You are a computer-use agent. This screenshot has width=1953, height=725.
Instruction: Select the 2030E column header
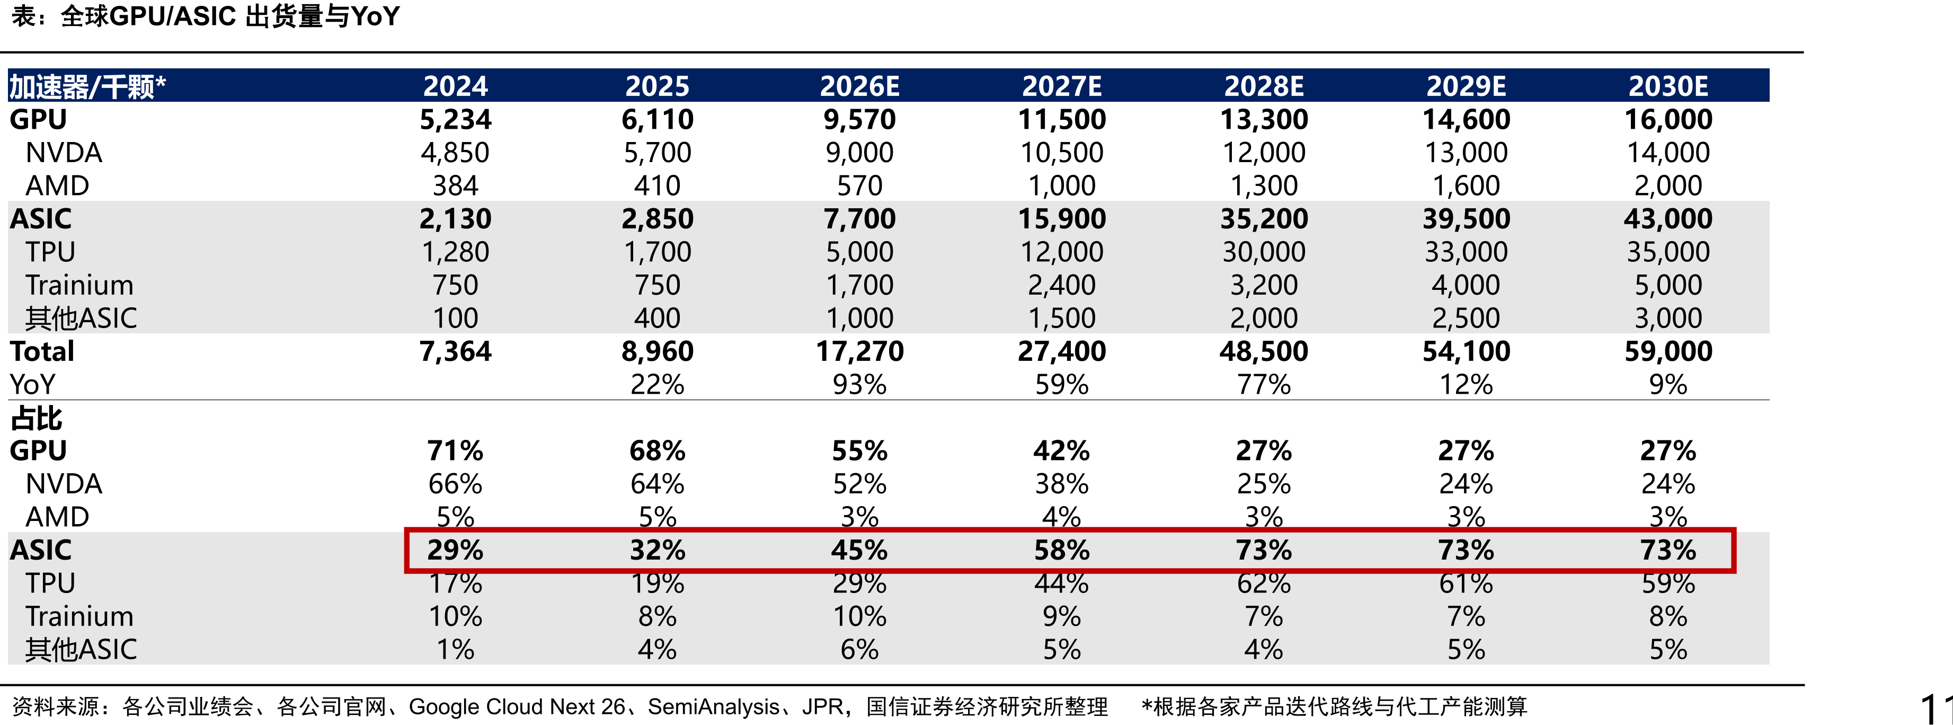point(1668,86)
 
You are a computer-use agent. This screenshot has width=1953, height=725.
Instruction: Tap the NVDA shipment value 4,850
point(455,153)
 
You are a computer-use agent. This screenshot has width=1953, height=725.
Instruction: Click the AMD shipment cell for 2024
point(455,186)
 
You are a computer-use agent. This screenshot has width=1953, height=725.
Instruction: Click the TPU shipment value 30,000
point(1264,252)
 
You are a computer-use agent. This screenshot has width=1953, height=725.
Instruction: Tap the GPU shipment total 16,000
point(1668,119)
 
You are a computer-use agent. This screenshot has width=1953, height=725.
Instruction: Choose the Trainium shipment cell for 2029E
point(1466,285)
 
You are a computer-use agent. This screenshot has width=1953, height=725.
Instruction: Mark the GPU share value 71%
point(455,450)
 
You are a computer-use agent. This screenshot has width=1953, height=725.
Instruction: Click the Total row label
point(42,351)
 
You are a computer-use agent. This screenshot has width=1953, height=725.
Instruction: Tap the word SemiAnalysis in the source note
point(713,707)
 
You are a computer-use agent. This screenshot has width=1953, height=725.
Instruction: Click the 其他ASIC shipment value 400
point(658,318)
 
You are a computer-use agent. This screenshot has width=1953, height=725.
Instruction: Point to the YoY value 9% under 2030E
point(1668,384)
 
